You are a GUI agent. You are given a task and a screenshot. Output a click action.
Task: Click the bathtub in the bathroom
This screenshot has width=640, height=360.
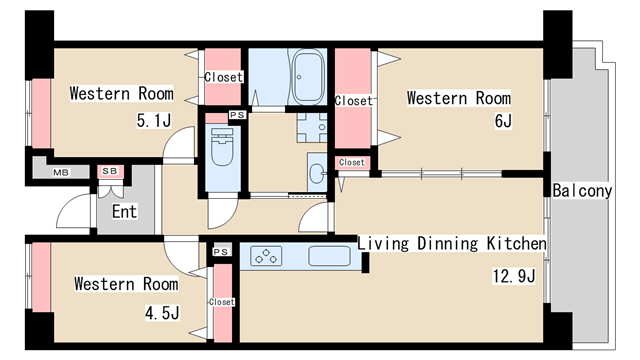[309, 77]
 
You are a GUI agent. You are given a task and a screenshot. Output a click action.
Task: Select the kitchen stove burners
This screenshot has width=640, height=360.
[266, 256]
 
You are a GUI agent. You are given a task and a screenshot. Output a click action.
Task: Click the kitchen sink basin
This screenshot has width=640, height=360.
[329, 256]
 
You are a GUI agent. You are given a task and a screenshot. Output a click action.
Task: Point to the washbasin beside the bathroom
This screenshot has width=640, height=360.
[317, 173]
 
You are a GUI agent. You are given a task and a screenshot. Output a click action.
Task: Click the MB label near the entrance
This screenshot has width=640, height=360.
[61, 172]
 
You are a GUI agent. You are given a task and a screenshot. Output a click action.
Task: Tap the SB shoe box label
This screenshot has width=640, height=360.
[109, 171]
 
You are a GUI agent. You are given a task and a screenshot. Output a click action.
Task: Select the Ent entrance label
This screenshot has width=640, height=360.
[124, 211]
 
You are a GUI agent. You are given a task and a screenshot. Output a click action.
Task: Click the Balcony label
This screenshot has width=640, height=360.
[582, 191]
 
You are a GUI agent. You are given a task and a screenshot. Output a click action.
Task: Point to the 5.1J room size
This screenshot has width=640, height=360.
[153, 120]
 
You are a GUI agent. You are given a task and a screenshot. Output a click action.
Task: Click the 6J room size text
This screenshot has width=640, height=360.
[503, 121]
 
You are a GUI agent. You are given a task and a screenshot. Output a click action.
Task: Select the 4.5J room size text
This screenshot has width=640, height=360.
[162, 313]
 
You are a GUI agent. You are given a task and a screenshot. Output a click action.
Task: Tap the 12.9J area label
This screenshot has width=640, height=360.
[513, 276]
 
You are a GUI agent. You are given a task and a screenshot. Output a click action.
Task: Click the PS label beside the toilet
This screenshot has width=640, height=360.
[237, 115]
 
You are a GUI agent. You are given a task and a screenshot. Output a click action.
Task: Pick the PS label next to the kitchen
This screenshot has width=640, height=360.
[221, 252]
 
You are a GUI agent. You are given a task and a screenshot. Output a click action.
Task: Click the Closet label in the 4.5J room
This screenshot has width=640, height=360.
[222, 302]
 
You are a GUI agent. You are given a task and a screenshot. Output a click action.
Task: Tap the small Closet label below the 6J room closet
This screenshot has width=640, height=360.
[351, 162]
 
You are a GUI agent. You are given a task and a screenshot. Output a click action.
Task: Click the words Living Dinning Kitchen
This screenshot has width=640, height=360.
[452, 243]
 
